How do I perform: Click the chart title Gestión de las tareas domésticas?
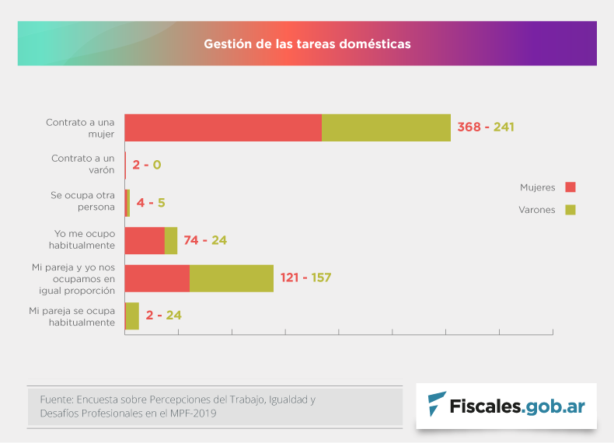pyautogui.click(x=307, y=44)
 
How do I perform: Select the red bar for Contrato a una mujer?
pyautogui.click(x=223, y=127)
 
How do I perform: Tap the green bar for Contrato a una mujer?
pyautogui.click(x=386, y=127)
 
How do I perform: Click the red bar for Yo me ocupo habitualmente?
pyautogui.click(x=145, y=241)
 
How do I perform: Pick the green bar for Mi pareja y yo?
pyautogui.click(x=232, y=278)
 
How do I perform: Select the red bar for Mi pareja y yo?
pyautogui.click(x=157, y=278)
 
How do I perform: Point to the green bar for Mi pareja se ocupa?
pyautogui.click(x=132, y=316)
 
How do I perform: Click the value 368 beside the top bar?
pyautogui.click(x=469, y=127)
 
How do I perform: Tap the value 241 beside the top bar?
pyautogui.click(x=504, y=127)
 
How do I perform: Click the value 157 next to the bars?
pyautogui.click(x=321, y=277)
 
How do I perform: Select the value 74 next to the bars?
pyautogui.click(x=191, y=240)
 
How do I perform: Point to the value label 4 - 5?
pyautogui.click(x=151, y=203)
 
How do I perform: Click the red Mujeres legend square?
pyautogui.click(x=570, y=187)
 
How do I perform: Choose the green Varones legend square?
pyautogui.click(x=570, y=210)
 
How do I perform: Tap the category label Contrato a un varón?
pyautogui.click(x=83, y=164)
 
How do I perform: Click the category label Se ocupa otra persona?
pyautogui.click(x=82, y=201)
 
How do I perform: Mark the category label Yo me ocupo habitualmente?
pyautogui.click(x=82, y=239)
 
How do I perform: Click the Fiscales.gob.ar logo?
pyautogui.click(x=506, y=406)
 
